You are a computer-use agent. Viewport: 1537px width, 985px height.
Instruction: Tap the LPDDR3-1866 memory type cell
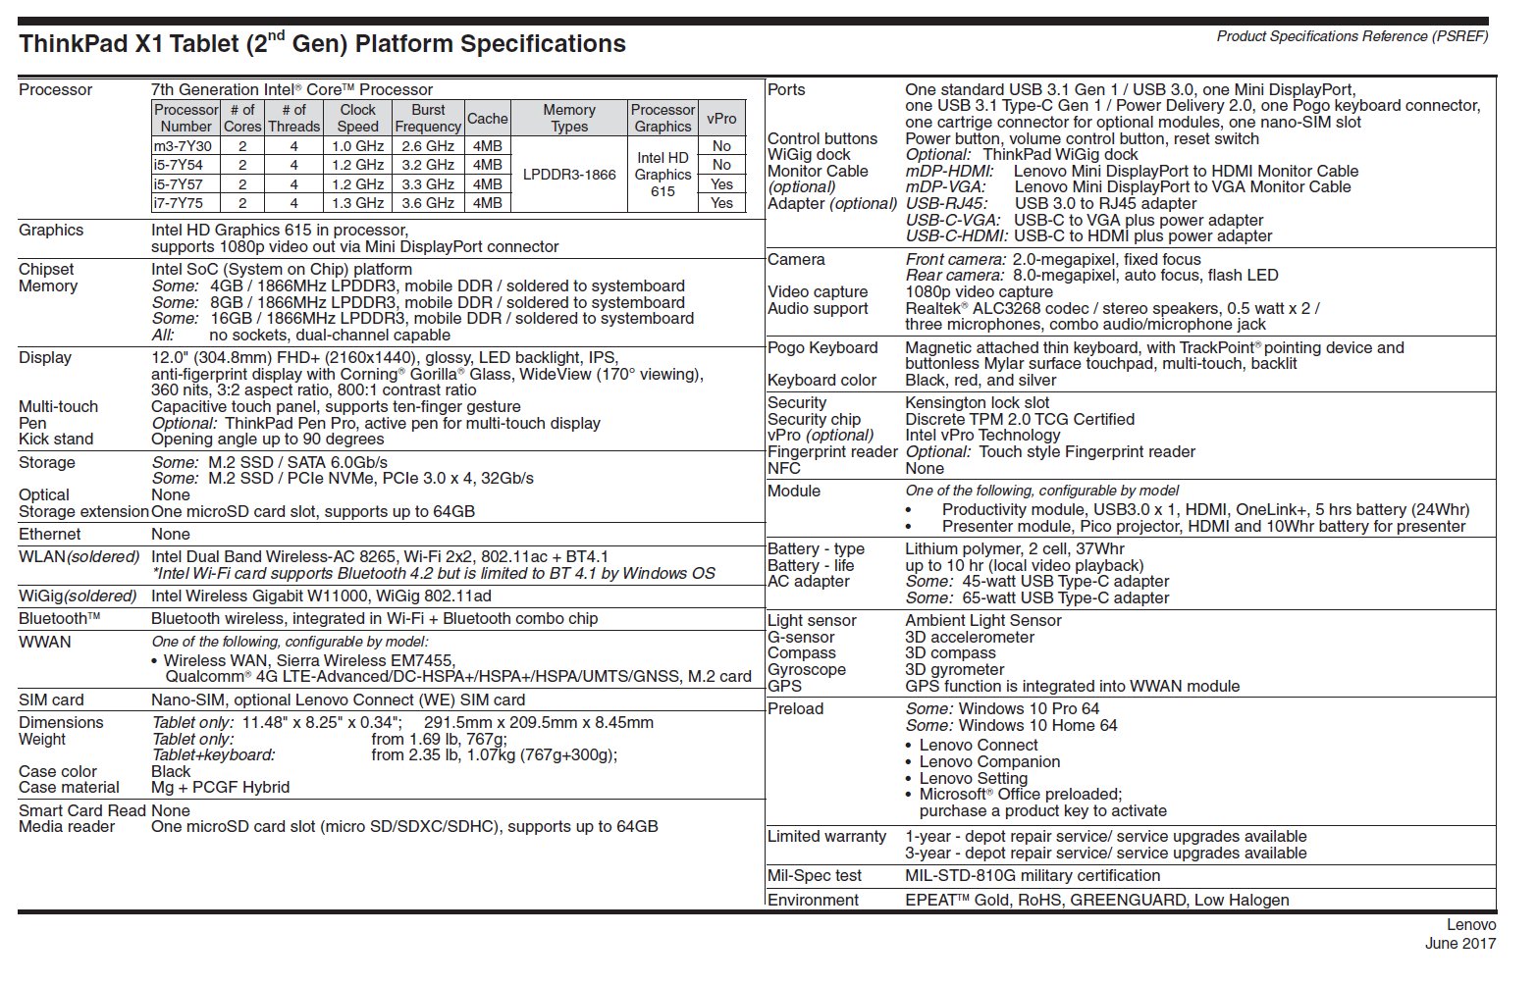point(569,175)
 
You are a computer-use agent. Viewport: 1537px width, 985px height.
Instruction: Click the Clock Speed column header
point(357,118)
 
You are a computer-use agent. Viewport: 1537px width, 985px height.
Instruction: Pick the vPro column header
point(721,118)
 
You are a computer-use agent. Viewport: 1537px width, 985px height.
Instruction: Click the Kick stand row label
point(56,440)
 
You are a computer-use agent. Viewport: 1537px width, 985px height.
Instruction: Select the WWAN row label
point(45,643)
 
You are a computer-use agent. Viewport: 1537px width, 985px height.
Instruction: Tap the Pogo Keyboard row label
point(822,348)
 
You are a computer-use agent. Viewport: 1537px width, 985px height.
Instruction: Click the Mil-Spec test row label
point(815,876)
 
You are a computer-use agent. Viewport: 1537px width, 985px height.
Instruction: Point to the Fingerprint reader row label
point(832,452)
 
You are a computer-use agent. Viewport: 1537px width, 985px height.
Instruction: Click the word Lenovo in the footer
point(1471,924)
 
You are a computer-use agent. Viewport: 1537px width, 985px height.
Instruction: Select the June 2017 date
point(1460,944)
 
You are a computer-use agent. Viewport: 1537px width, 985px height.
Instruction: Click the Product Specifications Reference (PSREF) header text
point(1352,36)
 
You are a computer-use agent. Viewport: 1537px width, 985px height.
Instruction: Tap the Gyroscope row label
point(807,670)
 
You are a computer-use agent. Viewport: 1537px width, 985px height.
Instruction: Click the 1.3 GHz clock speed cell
point(357,203)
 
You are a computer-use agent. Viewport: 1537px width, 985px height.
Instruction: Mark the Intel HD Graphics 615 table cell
point(662,175)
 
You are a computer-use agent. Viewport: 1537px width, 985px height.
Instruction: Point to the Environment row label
point(813,901)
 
